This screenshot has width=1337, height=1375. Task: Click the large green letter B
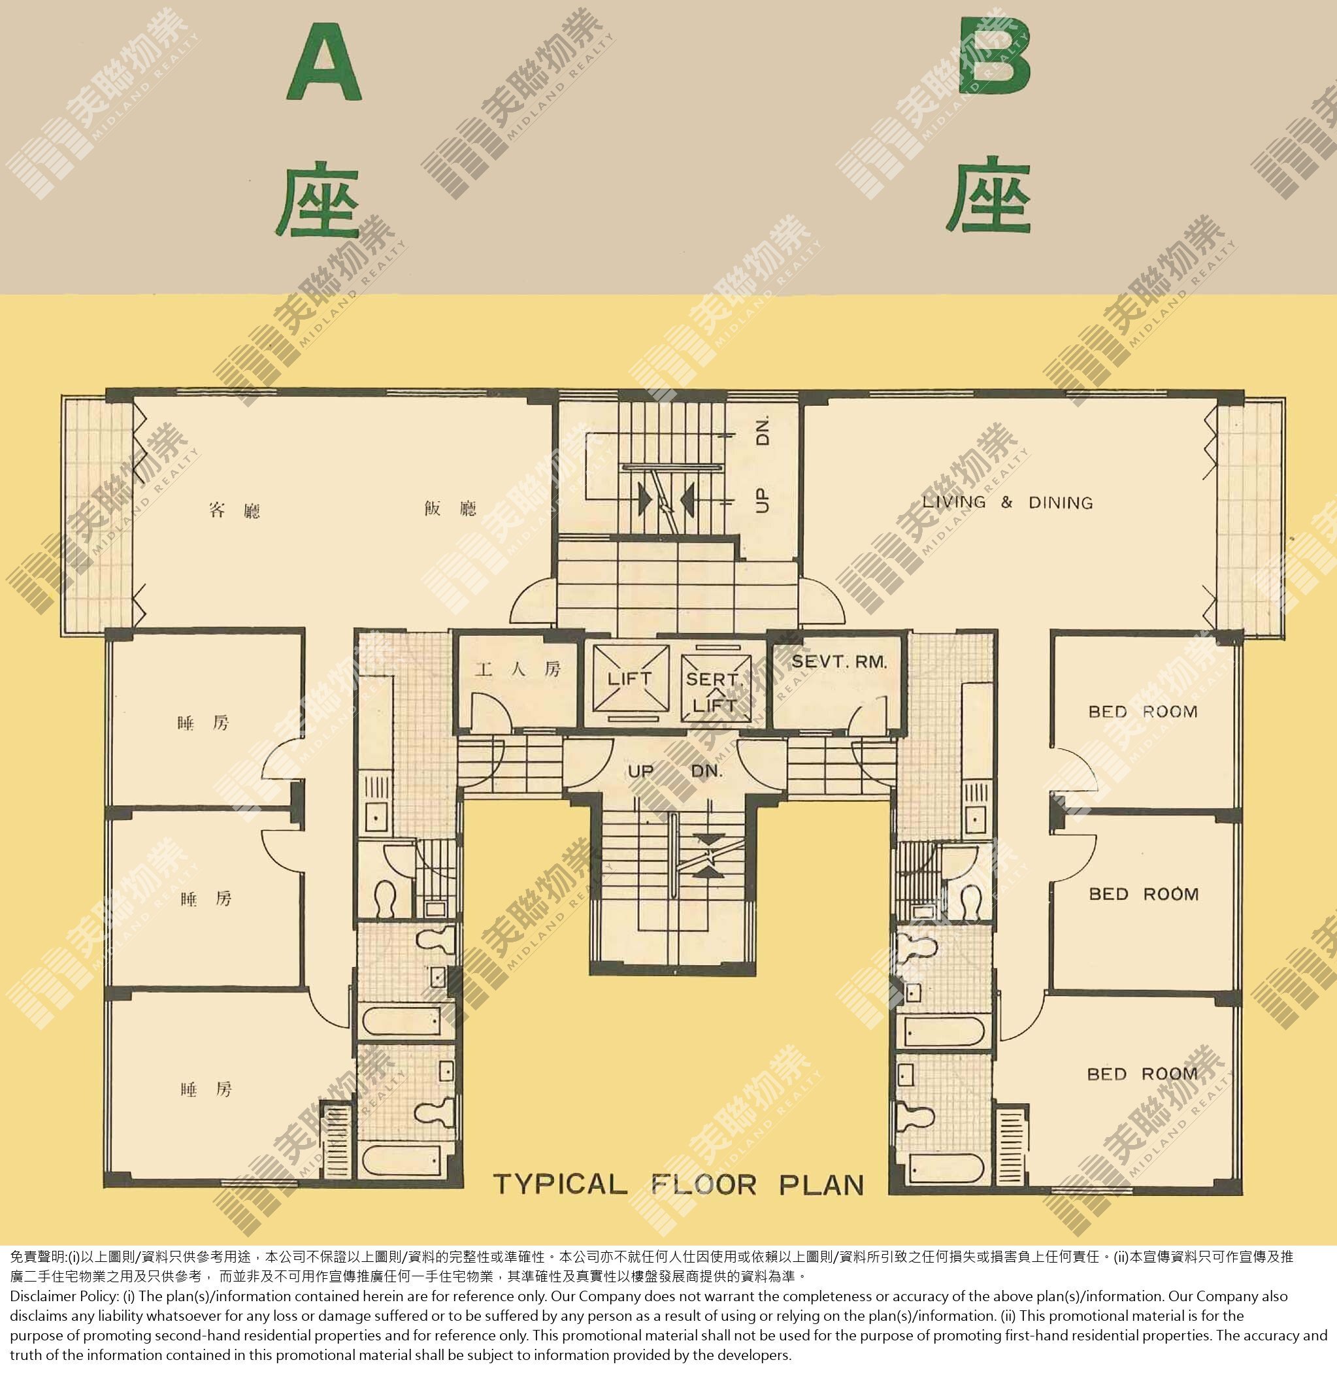(x=995, y=56)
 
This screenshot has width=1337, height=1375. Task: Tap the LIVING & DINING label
(x=1007, y=501)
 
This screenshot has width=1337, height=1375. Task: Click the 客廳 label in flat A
(x=235, y=509)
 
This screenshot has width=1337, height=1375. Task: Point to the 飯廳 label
(x=450, y=508)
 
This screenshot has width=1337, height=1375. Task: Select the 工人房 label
(x=518, y=669)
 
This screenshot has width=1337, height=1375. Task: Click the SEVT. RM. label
(x=839, y=661)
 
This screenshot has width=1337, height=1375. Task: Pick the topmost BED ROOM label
(x=1142, y=712)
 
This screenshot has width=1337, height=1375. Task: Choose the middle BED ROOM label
(x=1143, y=894)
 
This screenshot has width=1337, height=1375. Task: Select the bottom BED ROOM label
(x=1142, y=1074)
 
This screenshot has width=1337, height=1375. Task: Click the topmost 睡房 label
(x=203, y=723)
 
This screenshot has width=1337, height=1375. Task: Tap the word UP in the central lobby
(x=640, y=771)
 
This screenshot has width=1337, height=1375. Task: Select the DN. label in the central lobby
(x=707, y=771)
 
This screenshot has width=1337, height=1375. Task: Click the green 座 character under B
(x=989, y=197)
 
